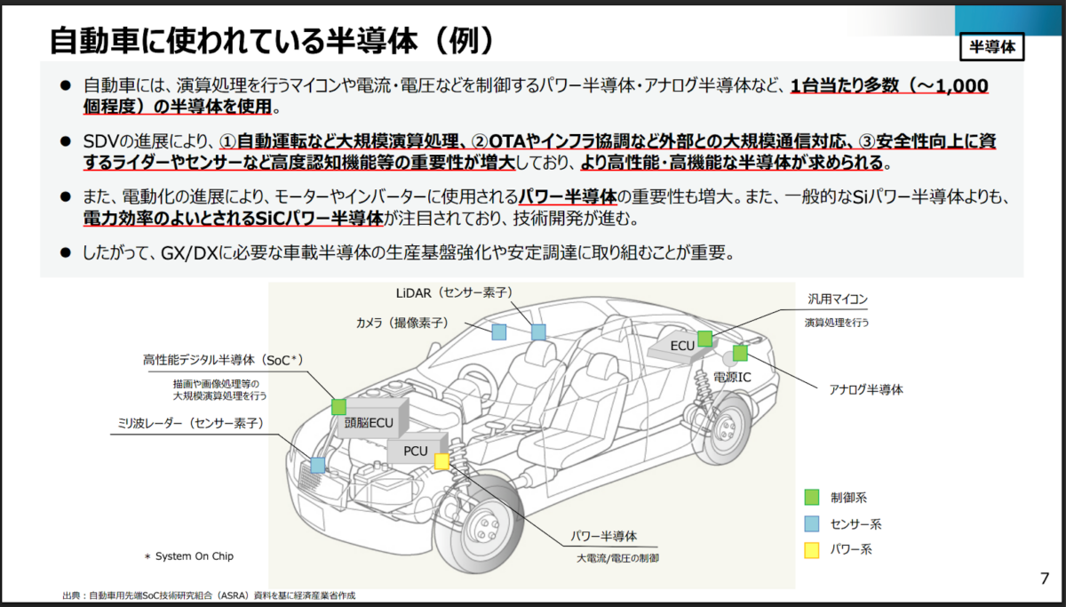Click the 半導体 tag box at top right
pos(992,46)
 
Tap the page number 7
pos(1044,579)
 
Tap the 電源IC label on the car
pos(732,377)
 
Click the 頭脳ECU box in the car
pos(369,423)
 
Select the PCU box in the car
pos(415,451)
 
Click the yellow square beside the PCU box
pos(442,460)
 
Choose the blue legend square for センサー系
pos(811,523)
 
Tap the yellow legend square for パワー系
pos(811,550)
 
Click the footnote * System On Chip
pos(189,556)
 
